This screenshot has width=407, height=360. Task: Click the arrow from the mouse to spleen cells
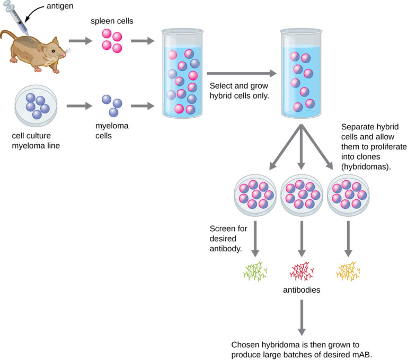80,40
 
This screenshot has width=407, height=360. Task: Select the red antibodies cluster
302,271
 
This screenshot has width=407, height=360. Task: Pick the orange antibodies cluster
349,271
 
